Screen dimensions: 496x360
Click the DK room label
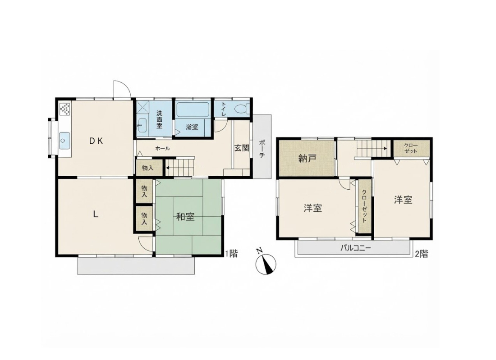pos(96,141)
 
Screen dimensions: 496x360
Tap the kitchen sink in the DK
pos(65,141)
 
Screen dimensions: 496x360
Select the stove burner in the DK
pos(65,109)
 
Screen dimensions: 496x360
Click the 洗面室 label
pos(159,119)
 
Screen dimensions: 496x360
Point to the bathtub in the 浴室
pos(192,110)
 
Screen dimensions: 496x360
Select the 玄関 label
pos(242,148)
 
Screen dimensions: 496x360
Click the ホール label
pos(163,148)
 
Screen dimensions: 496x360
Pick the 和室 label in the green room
pos(185,217)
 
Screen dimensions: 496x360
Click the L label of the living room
pos(96,214)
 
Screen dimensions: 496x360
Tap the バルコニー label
pos(355,248)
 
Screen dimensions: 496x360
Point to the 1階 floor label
pos(231,254)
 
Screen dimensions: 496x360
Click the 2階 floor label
pos(421,254)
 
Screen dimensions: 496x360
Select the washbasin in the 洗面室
pos(142,126)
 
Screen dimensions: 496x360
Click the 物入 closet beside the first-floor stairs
pos(147,168)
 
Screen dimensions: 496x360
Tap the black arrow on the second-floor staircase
pos(385,148)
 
